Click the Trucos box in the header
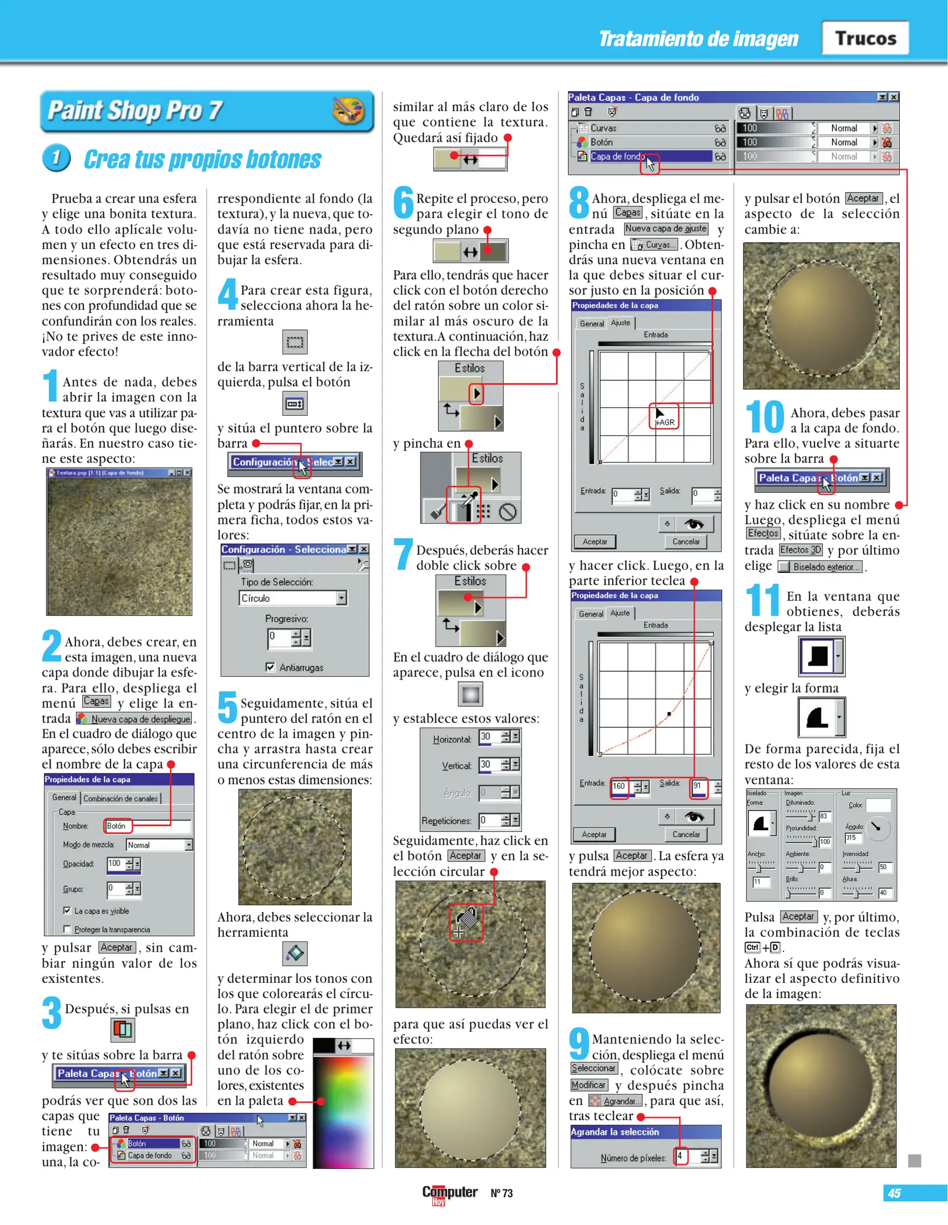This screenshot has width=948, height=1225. (x=865, y=38)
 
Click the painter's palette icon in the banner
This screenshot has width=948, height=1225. (x=348, y=110)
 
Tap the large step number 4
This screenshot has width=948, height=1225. (x=227, y=294)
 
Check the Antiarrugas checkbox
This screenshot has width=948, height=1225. (x=271, y=667)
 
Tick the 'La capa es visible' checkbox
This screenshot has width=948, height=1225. (x=67, y=910)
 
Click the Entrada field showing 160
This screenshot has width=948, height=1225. (x=620, y=786)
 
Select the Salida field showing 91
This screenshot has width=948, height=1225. (x=698, y=786)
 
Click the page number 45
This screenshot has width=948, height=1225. (x=894, y=1193)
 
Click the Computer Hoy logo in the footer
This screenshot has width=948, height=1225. (x=449, y=1193)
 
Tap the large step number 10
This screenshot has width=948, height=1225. (x=764, y=417)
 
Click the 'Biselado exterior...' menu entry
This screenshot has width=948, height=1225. (x=820, y=567)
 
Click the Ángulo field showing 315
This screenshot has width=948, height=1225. (x=853, y=837)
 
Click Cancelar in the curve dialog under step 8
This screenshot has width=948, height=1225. (x=685, y=542)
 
